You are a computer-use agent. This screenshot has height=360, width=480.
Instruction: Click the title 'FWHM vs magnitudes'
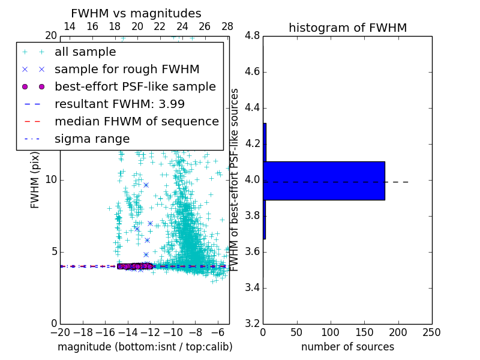[x=136, y=13]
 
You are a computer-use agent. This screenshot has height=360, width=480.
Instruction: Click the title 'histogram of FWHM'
[x=347, y=28]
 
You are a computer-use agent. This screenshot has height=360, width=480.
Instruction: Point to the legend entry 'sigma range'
[x=92, y=139]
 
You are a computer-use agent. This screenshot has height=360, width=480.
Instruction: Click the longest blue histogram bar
[x=324, y=181]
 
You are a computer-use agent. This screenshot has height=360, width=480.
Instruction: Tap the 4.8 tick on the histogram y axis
[x=252, y=36]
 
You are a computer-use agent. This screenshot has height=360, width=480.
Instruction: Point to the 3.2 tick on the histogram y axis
[x=252, y=323]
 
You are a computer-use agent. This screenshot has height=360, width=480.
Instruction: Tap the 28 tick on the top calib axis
[x=227, y=26]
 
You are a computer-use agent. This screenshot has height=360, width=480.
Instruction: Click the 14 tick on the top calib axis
[x=70, y=26]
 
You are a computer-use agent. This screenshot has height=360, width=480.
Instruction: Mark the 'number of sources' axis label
[x=347, y=347]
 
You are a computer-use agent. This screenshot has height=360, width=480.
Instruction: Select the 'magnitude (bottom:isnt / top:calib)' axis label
[x=145, y=347]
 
